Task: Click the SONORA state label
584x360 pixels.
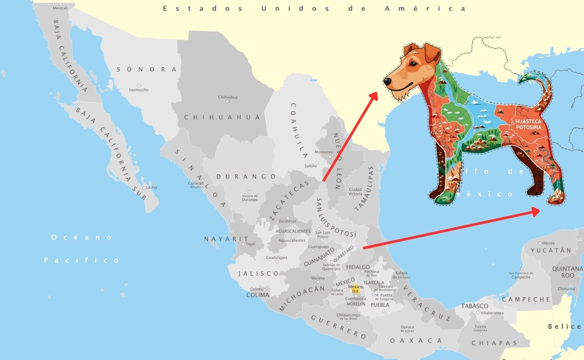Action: click(146, 70)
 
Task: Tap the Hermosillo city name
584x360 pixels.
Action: click(139, 90)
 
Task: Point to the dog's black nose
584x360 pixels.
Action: click(388, 82)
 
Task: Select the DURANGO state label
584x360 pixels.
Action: click(246, 177)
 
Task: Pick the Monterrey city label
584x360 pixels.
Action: click(324, 152)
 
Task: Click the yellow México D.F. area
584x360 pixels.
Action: click(355, 288)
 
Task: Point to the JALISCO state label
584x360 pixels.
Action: click(259, 274)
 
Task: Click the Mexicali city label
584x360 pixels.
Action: click(60, 8)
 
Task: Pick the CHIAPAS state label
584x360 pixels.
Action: click(494, 343)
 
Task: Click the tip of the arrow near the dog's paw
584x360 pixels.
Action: click(539, 210)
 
